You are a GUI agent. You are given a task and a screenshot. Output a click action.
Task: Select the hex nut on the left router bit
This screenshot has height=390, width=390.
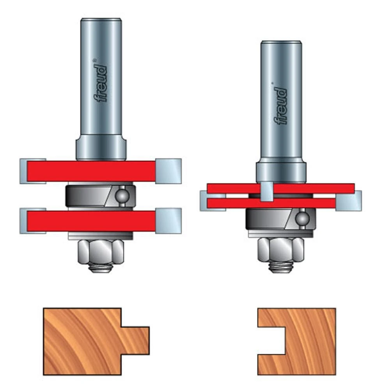click(x=101, y=252)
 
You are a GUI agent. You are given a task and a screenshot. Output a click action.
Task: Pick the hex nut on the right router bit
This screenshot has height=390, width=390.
click(x=280, y=249)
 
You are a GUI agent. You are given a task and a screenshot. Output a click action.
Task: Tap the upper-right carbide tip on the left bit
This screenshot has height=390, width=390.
click(x=168, y=170)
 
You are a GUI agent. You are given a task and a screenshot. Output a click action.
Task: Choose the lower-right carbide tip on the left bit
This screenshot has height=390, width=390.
click(x=168, y=221)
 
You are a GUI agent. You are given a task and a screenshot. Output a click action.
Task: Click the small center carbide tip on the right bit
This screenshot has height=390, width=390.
click(x=266, y=191)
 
